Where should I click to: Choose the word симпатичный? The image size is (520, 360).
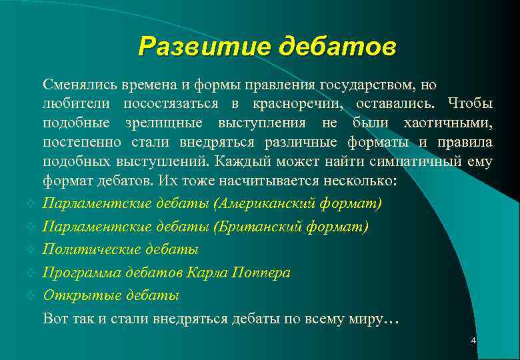click(x=417, y=162)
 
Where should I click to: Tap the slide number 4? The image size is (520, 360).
click(x=473, y=341)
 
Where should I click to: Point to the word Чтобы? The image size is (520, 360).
click(x=471, y=104)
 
